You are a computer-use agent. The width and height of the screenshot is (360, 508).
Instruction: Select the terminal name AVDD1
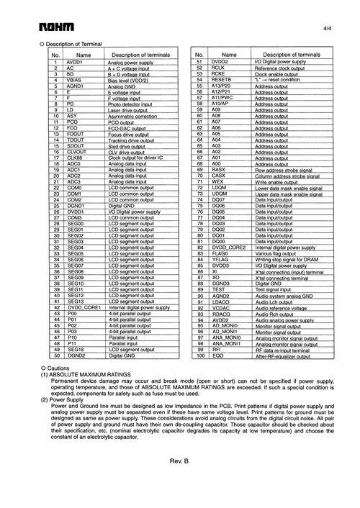[74, 63]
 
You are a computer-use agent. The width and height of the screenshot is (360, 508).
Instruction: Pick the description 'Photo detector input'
[130, 104]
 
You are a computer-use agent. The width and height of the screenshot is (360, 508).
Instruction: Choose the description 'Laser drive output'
[128, 109]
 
